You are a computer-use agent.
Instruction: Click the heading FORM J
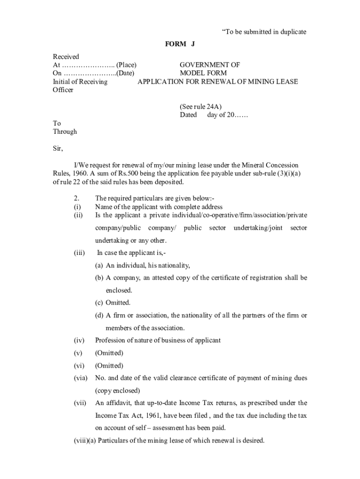coord(180,44)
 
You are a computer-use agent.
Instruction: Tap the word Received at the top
coord(66,57)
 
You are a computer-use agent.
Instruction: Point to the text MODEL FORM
coord(203,73)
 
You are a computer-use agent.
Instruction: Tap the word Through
coord(65,132)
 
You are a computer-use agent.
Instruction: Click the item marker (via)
coord(80,378)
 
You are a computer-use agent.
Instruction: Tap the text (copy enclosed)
coord(117,391)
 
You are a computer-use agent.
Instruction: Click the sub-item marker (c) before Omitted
coord(99,303)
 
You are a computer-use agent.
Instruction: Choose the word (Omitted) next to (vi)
coord(109,366)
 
